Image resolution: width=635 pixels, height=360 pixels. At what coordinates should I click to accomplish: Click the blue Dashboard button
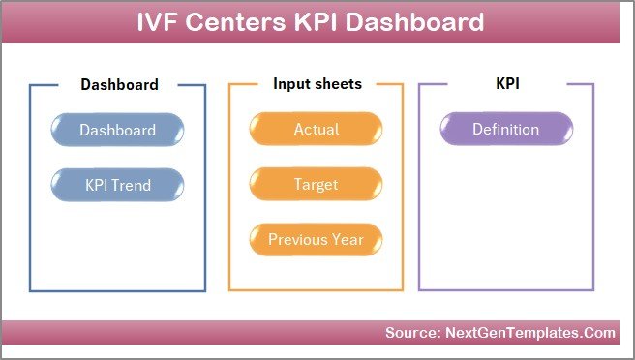(117, 130)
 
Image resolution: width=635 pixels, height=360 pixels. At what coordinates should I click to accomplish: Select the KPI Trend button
(117, 184)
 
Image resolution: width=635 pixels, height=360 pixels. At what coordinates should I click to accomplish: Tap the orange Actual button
(317, 130)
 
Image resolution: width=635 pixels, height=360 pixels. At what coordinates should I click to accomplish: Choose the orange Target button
(317, 184)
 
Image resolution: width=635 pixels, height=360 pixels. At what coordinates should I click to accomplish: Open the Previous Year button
(317, 239)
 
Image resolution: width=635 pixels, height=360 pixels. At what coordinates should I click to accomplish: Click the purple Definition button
(504, 130)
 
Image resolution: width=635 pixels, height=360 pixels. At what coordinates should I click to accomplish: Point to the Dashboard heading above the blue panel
(119, 84)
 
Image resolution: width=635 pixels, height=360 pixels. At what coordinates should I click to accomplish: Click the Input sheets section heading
(317, 84)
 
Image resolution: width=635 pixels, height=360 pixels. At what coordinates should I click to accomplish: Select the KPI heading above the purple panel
(506, 84)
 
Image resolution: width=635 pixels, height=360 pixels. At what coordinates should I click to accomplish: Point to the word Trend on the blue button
(132, 184)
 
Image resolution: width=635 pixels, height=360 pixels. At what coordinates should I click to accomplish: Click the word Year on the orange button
(348, 239)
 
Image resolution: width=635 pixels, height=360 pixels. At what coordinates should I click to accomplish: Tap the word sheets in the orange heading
(338, 84)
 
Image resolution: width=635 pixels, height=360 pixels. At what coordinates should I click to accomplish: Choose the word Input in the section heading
(291, 84)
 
